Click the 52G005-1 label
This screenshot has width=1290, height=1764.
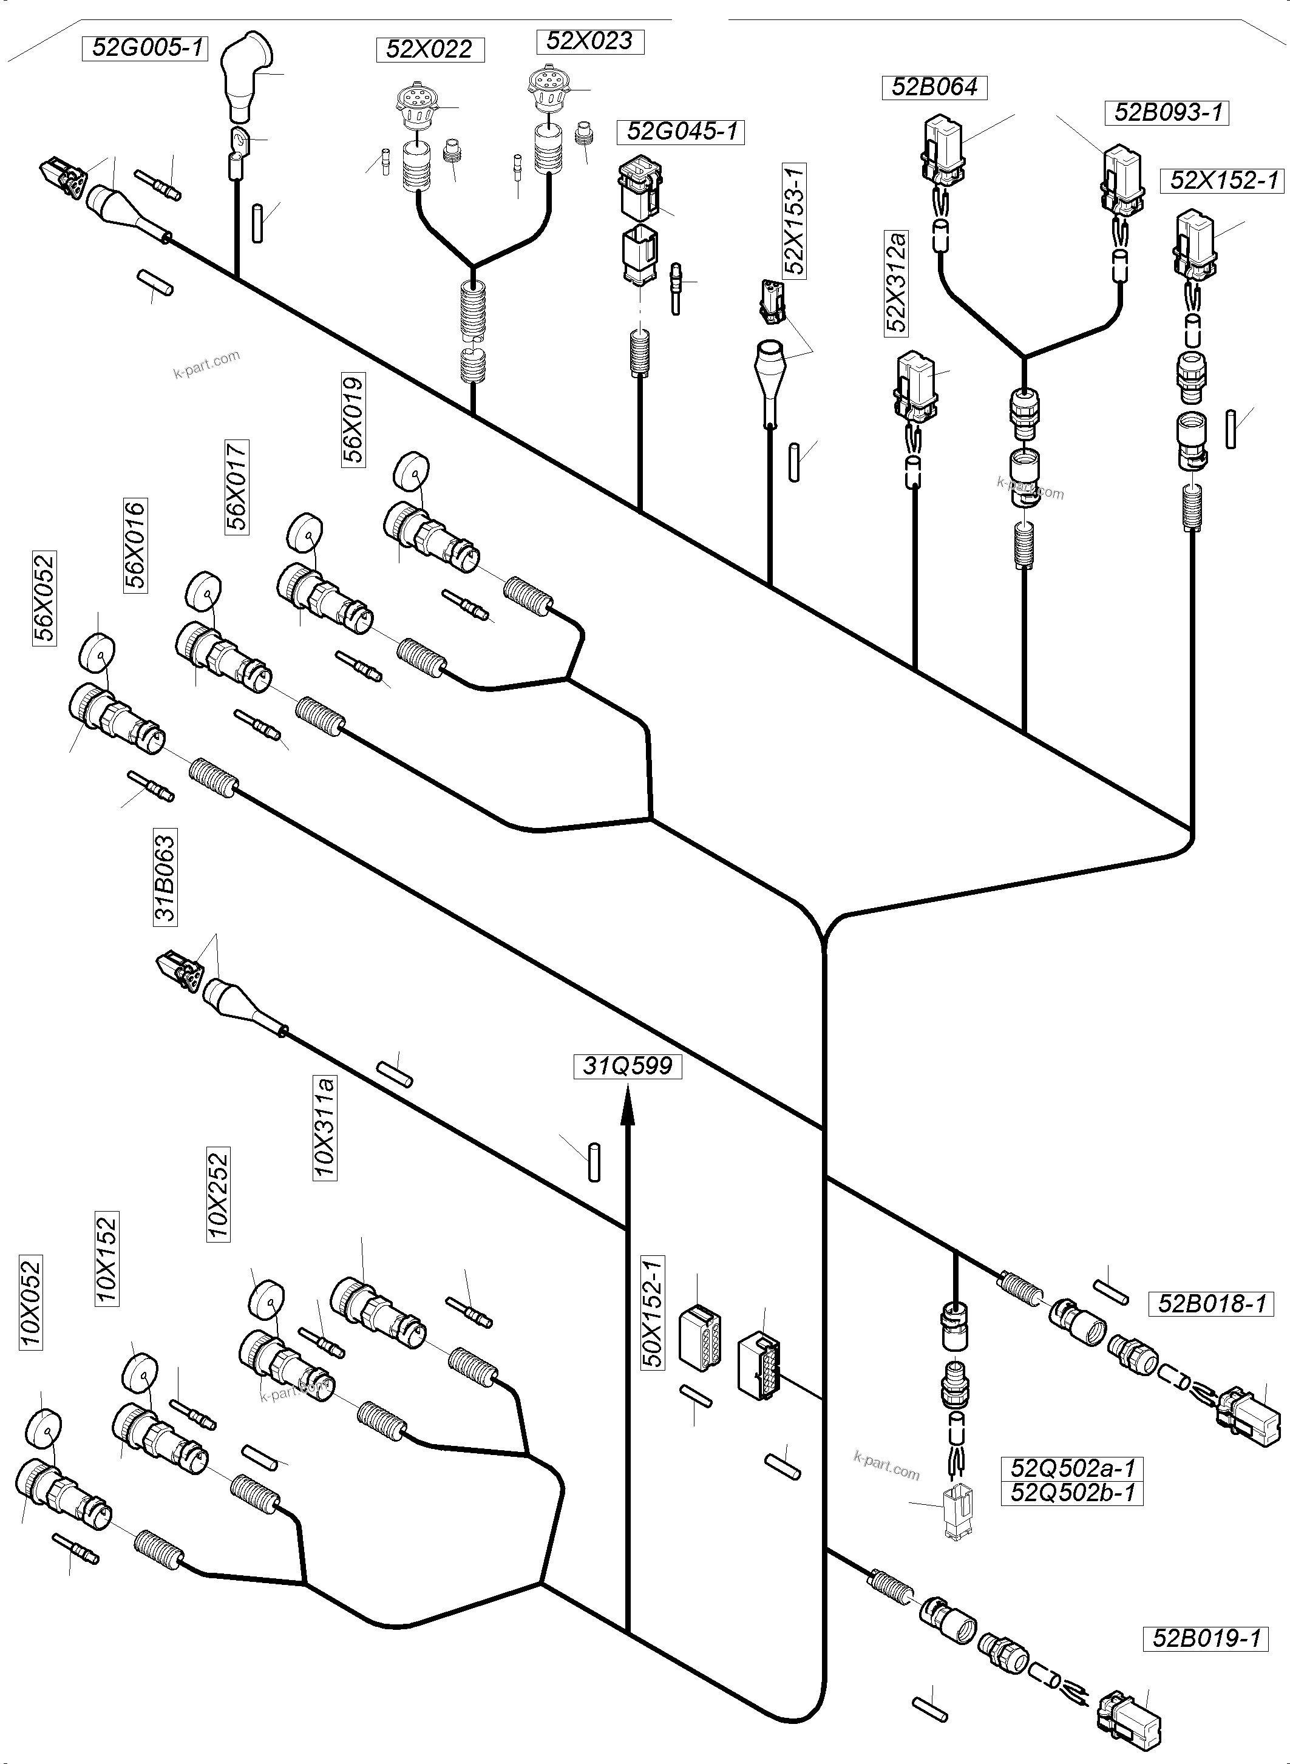pyautogui.click(x=144, y=49)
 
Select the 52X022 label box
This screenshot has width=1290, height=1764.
pyautogui.click(x=429, y=49)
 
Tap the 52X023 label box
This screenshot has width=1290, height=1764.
pyautogui.click(x=589, y=41)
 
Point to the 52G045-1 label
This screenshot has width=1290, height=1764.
pyautogui.click(x=682, y=131)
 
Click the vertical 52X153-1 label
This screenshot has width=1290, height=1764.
pyautogui.click(x=795, y=221)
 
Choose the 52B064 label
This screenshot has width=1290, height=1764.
pyautogui.click(x=934, y=87)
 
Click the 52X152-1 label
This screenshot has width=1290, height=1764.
pyautogui.click(x=1224, y=181)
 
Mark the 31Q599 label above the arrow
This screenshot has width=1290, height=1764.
pyautogui.click(x=628, y=1066)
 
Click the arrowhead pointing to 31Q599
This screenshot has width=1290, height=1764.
pyautogui.click(x=626, y=1109)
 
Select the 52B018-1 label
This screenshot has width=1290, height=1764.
pyautogui.click(x=1211, y=1303)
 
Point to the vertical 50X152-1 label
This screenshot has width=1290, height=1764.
pyautogui.click(x=653, y=1312)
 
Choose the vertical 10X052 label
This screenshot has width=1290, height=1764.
pyautogui.click(x=30, y=1303)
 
